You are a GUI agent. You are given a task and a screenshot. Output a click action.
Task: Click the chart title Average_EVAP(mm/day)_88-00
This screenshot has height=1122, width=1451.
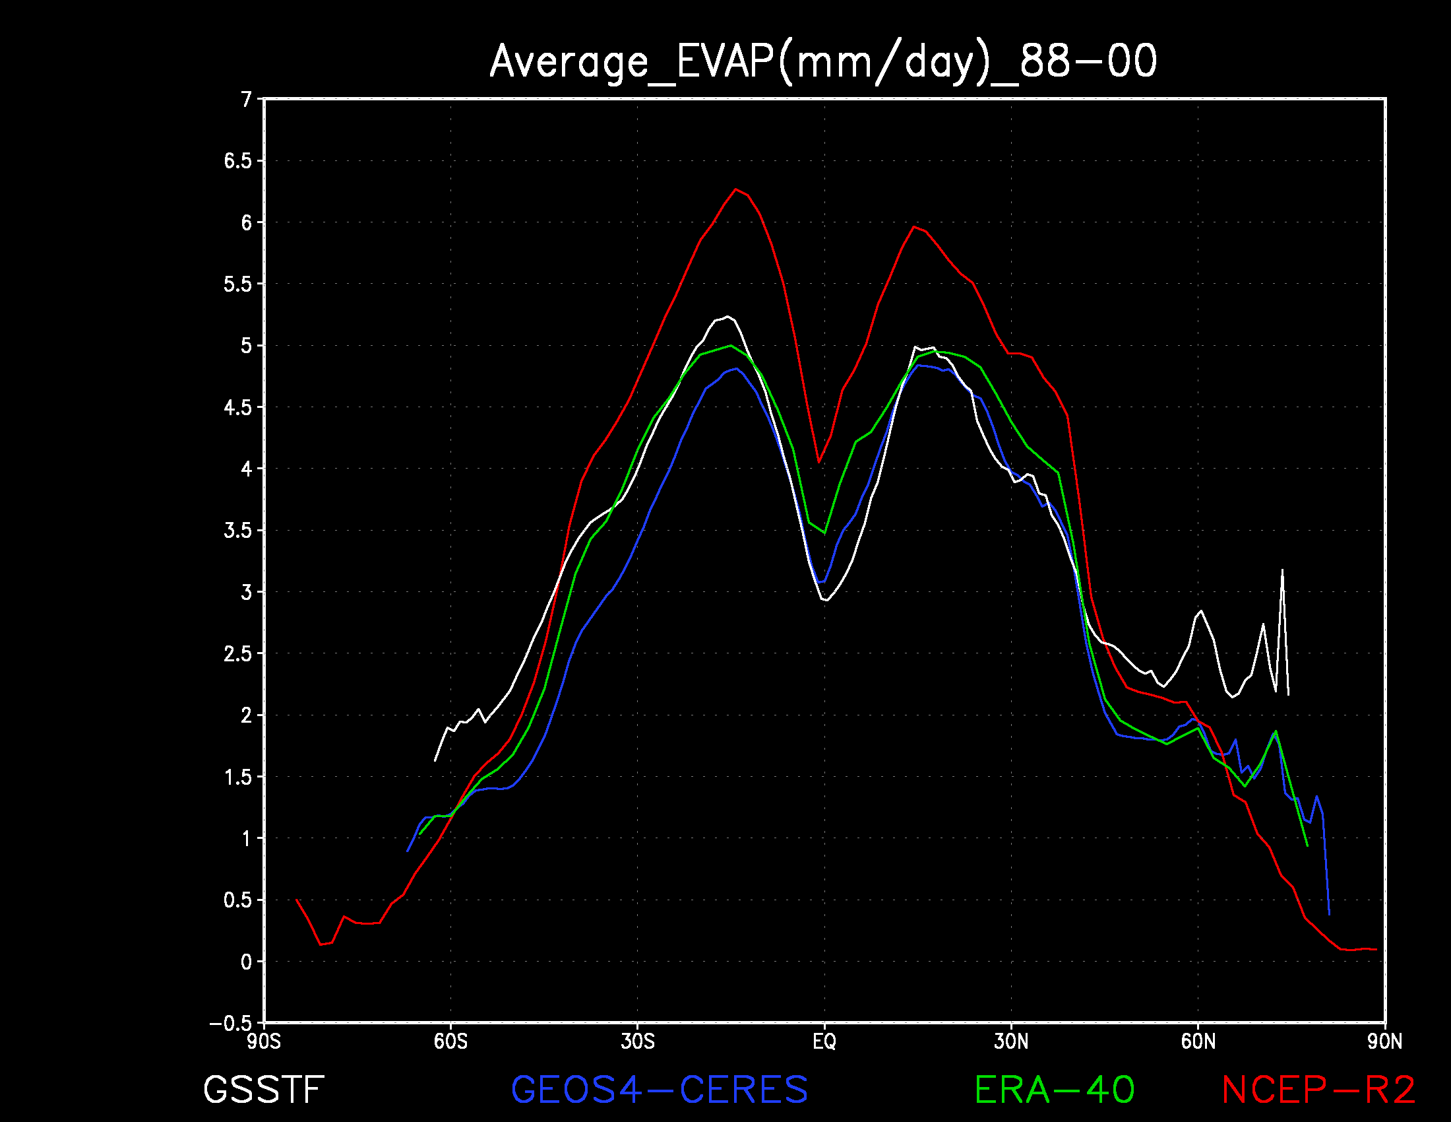pos(823,62)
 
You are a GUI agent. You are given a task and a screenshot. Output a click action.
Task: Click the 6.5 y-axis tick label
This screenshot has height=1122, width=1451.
pos(239,161)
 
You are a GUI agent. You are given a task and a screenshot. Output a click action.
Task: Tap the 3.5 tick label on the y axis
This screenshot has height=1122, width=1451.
pos(239,531)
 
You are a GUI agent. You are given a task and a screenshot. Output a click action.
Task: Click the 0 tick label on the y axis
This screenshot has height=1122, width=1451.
pos(247,962)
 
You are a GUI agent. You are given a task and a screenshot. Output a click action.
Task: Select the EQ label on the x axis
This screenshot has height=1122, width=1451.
pos(824,1041)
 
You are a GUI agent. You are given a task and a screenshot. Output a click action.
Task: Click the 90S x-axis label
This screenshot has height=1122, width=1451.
pos(264,1041)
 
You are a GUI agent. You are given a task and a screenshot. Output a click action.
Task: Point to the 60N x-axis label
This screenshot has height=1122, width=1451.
pos(1198,1041)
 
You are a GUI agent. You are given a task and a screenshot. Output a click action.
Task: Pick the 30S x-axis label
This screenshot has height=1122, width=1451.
pos(638,1041)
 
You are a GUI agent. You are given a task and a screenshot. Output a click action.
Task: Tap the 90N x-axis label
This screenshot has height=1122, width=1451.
pos(1385,1041)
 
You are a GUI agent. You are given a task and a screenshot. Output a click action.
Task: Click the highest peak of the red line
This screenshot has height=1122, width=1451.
pos(735,189)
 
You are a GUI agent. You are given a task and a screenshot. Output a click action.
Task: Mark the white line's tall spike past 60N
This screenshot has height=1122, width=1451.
pos(1282,570)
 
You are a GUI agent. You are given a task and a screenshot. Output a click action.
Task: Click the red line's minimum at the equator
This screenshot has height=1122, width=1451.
pos(819,462)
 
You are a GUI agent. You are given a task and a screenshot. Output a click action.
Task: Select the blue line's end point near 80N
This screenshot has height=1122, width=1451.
pos(1329,915)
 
